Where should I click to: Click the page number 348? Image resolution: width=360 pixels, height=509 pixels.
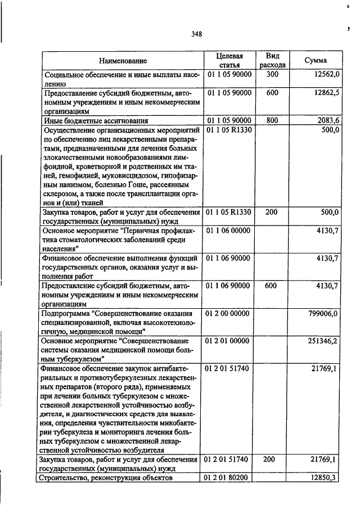coord(196,34)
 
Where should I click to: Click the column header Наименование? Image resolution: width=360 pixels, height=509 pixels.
coord(123,60)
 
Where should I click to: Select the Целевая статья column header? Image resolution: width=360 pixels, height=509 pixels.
coord(229,60)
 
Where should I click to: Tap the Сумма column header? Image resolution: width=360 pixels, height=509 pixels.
coord(316,60)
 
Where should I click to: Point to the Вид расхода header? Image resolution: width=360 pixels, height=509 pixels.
coord(273,60)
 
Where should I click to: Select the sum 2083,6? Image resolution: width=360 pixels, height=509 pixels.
coord(328,120)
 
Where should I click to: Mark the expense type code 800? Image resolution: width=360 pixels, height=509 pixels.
coord(272,120)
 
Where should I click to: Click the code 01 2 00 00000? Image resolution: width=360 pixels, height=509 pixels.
coord(229,313)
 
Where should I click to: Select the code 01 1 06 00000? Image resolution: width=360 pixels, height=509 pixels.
coord(229,231)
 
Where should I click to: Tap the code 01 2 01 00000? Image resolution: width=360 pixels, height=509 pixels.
coord(229,341)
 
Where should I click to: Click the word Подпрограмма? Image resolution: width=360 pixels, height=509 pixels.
coord(65,313)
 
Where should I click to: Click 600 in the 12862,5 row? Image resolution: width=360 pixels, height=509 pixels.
coord(272,93)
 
